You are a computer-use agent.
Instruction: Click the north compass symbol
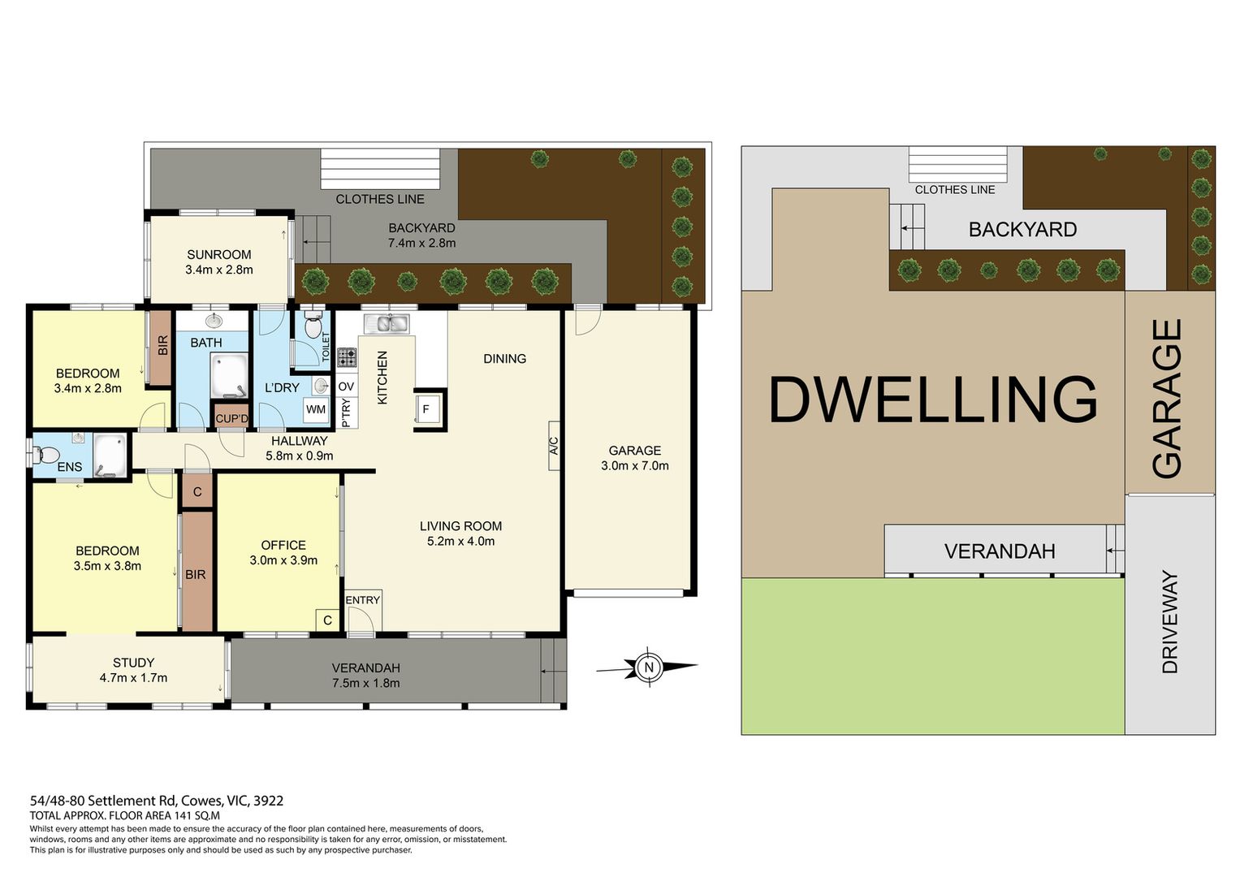(648, 667)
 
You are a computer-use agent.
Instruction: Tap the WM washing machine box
(316, 410)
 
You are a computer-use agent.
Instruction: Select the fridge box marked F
(427, 410)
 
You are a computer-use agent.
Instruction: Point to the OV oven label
(346, 387)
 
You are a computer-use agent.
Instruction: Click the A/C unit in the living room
(554, 446)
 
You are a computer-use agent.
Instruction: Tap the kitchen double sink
(387, 323)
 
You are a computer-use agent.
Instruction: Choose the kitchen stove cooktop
(347, 357)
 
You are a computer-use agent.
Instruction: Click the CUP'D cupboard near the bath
(231, 418)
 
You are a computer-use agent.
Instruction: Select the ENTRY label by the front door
(363, 600)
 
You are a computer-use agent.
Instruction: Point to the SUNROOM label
(219, 255)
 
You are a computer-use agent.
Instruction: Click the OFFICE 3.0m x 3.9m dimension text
(283, 560)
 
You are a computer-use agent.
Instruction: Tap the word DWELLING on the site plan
(933, 400)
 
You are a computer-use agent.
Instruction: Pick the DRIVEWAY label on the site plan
(1169, 621)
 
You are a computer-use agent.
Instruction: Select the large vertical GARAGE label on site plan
(1167, 399)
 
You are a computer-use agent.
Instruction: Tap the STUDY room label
(133, 663)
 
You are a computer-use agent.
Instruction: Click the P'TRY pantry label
(346, 413)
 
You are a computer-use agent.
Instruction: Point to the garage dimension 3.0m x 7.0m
(635, 465)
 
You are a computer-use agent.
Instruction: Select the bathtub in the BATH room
(229, 375)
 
